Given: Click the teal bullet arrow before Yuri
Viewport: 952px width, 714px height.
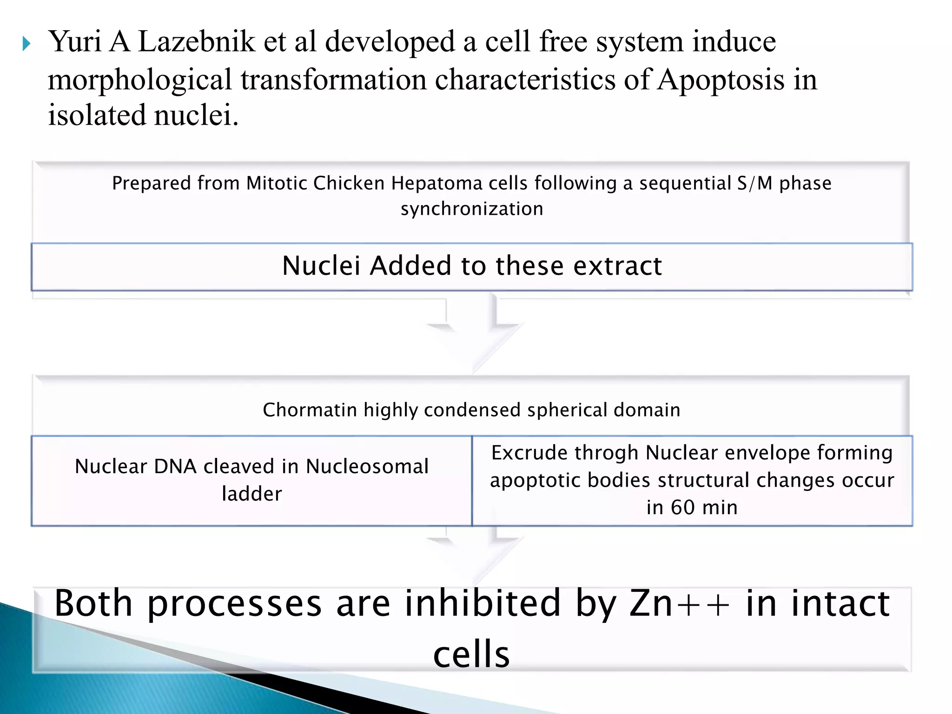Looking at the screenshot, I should click(x=26, y=44).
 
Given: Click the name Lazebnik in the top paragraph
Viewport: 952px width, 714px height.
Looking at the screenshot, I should click(x=196, y=42).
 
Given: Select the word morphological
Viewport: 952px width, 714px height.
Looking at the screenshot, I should click(x=139, y=79).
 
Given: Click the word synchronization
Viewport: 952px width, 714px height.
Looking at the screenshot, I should click(x=472, y=209).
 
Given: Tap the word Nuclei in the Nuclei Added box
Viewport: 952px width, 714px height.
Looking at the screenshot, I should click(x=321, y=266).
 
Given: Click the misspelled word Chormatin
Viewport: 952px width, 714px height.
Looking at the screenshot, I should click(x=310, y=410).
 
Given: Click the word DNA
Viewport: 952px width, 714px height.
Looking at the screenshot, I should click(x=175, y=466).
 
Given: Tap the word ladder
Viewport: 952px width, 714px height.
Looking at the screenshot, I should click(x=252, y=494).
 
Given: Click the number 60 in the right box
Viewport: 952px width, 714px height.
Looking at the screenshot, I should click(x=682, y=507).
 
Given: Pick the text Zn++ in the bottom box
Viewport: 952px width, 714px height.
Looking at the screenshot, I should click(x=679, y=603).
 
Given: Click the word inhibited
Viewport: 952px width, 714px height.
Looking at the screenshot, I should click(x=483, y=603).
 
